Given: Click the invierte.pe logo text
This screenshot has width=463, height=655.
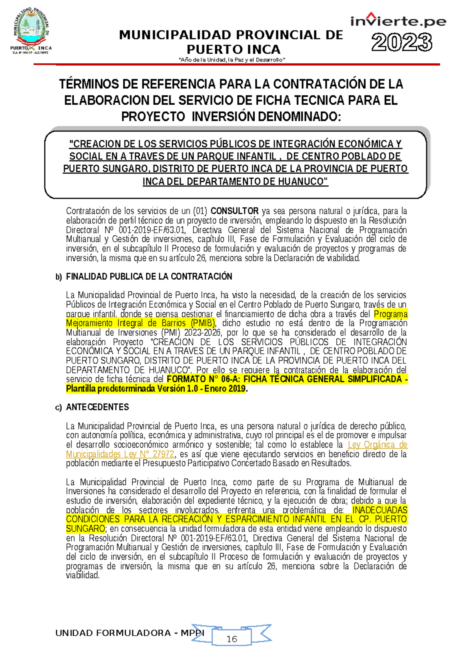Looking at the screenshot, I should (x=398, y=21).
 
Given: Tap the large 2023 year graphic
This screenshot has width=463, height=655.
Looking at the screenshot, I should (x=402, y=42).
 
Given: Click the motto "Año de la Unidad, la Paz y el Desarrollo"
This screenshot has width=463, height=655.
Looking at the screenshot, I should (x=231, y=60).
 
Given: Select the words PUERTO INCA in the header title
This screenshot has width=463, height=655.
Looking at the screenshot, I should (x=233, y=49).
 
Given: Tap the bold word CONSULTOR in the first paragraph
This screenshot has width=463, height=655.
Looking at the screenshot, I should (x=234, y=211).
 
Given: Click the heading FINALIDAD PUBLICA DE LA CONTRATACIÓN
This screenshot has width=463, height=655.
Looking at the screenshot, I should (x=149, y=277).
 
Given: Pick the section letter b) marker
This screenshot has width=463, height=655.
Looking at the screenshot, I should (x=59, y=277).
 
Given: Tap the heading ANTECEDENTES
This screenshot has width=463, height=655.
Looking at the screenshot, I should (x=97, y=407).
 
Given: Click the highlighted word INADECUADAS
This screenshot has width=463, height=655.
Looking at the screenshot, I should (x=380, y=510).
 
